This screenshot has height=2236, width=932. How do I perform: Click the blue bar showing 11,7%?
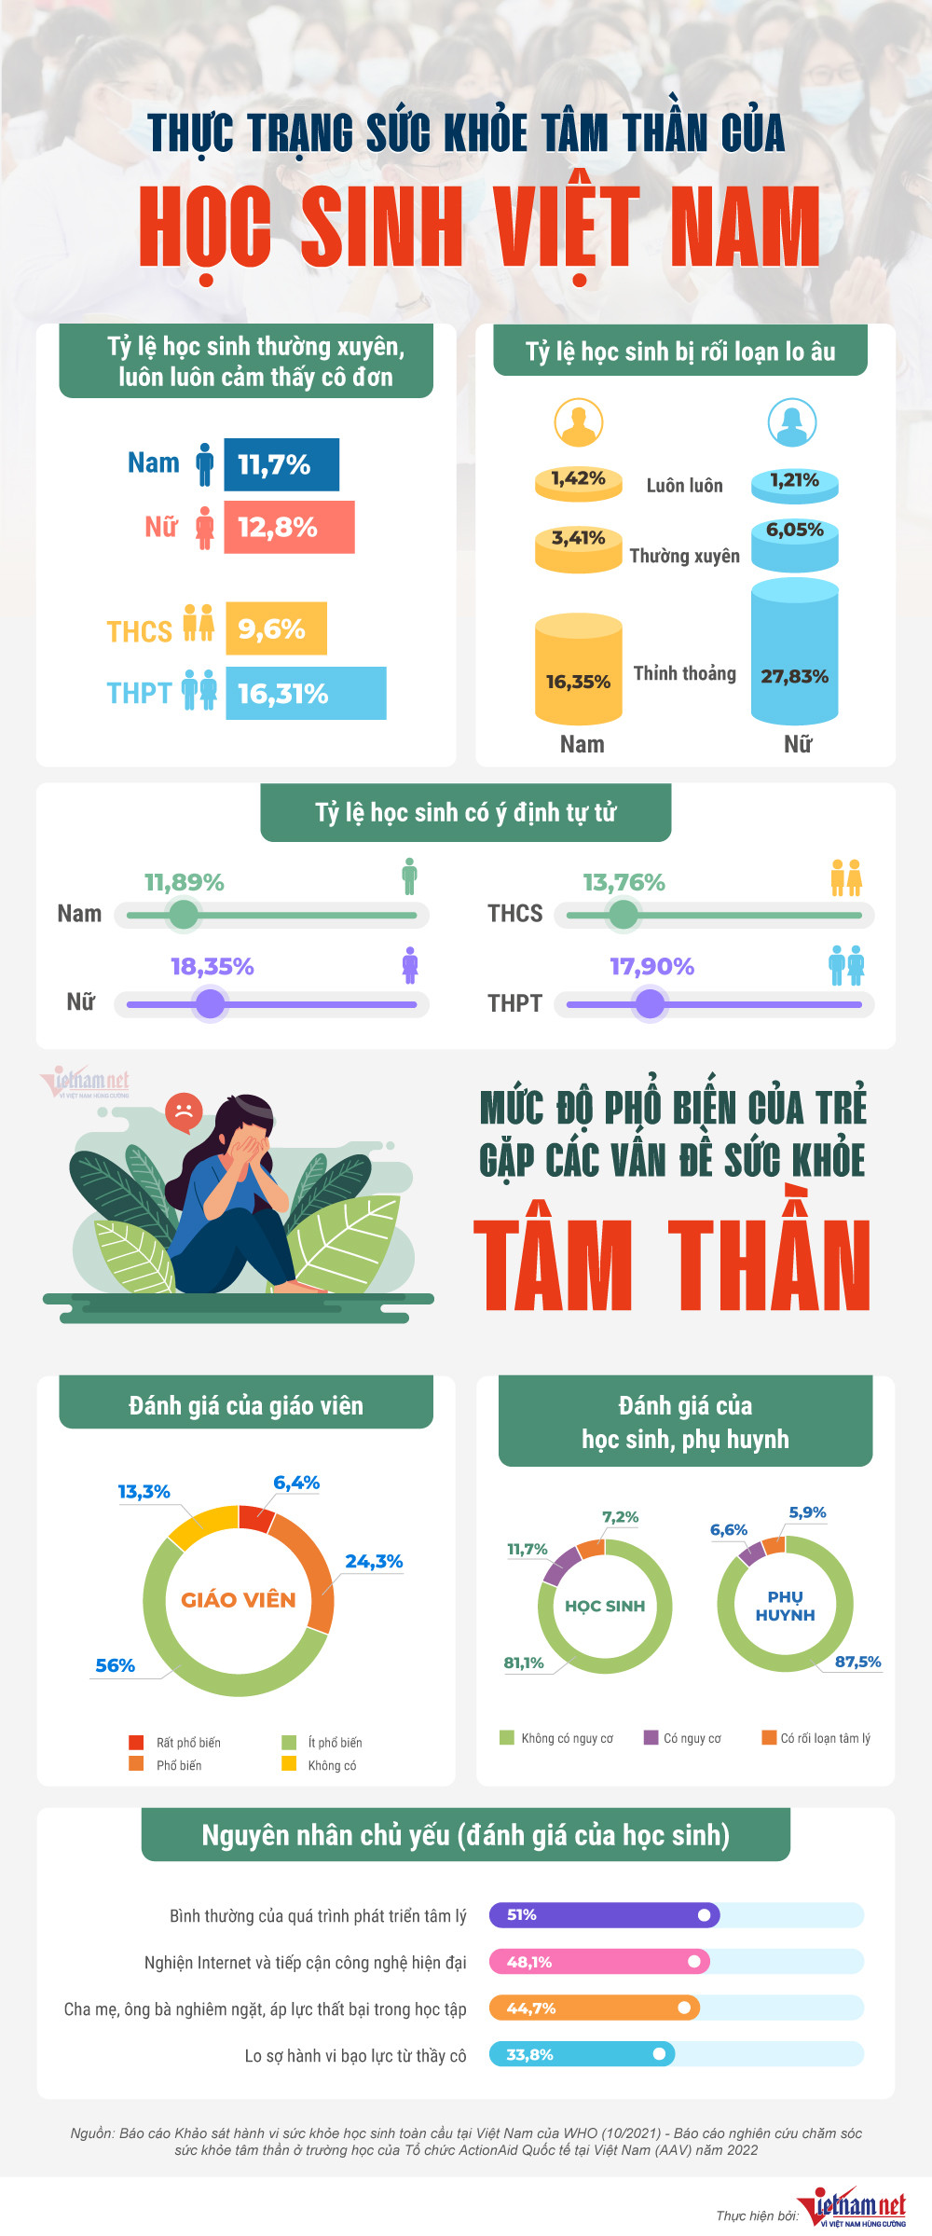click(281, 464)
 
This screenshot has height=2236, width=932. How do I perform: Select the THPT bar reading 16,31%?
click(306, 693)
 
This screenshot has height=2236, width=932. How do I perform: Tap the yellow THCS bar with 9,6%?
click(276, 628)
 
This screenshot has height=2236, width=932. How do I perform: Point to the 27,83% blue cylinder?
click(795, 653)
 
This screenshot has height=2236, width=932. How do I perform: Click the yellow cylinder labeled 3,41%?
click(578, 549)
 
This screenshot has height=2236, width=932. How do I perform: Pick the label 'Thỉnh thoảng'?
click(685, 673)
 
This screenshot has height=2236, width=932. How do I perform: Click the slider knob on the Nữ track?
click(211, 1004)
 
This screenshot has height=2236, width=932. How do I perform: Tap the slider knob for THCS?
click(623, 915)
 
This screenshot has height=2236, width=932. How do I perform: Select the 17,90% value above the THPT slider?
click(651, 967)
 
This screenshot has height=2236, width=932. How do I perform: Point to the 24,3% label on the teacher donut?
click(374, 1561)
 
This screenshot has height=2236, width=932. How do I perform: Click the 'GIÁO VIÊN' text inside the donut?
click(239, 1600)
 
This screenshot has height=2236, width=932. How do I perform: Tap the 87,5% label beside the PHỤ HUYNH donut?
click(857, 1662)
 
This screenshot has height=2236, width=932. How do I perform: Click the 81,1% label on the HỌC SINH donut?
click(524, 1663)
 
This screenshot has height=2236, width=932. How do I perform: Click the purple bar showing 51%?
click(604, 1914)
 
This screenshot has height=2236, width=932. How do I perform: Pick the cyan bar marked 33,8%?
click(582, 2054)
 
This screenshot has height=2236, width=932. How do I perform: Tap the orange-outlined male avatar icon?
click(579, 422)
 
